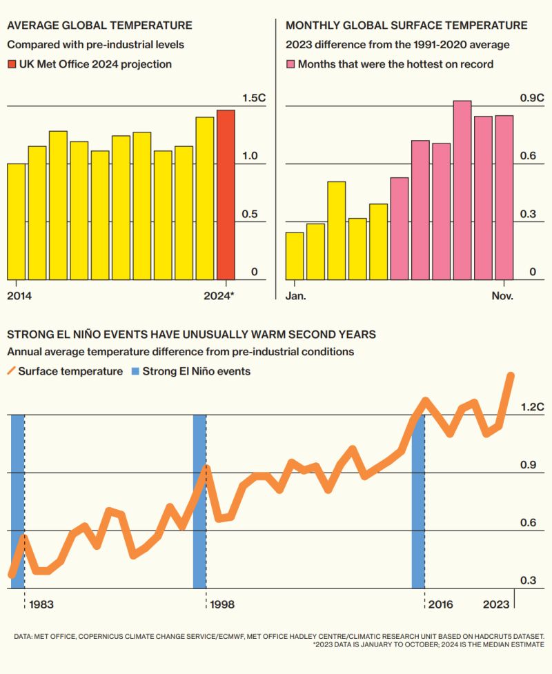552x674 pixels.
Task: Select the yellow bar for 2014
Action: point(16,221)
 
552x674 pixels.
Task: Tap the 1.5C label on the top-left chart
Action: point(254,98)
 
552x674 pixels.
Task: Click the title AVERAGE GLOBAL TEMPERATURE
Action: point(99,26)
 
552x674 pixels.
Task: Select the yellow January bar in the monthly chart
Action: point(295,256)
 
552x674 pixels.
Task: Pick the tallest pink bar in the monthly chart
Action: point(462,190)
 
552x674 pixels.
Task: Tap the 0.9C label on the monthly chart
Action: point(531,98)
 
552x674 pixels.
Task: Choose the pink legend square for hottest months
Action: point(290,64)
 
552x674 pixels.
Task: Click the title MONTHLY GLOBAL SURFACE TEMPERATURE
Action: point(406,26)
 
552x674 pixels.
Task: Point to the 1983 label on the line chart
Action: point(41,604)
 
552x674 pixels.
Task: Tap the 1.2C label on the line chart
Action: point(532,407)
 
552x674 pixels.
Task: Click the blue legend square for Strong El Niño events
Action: point(135,372)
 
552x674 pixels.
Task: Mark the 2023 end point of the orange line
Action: point(511,375)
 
